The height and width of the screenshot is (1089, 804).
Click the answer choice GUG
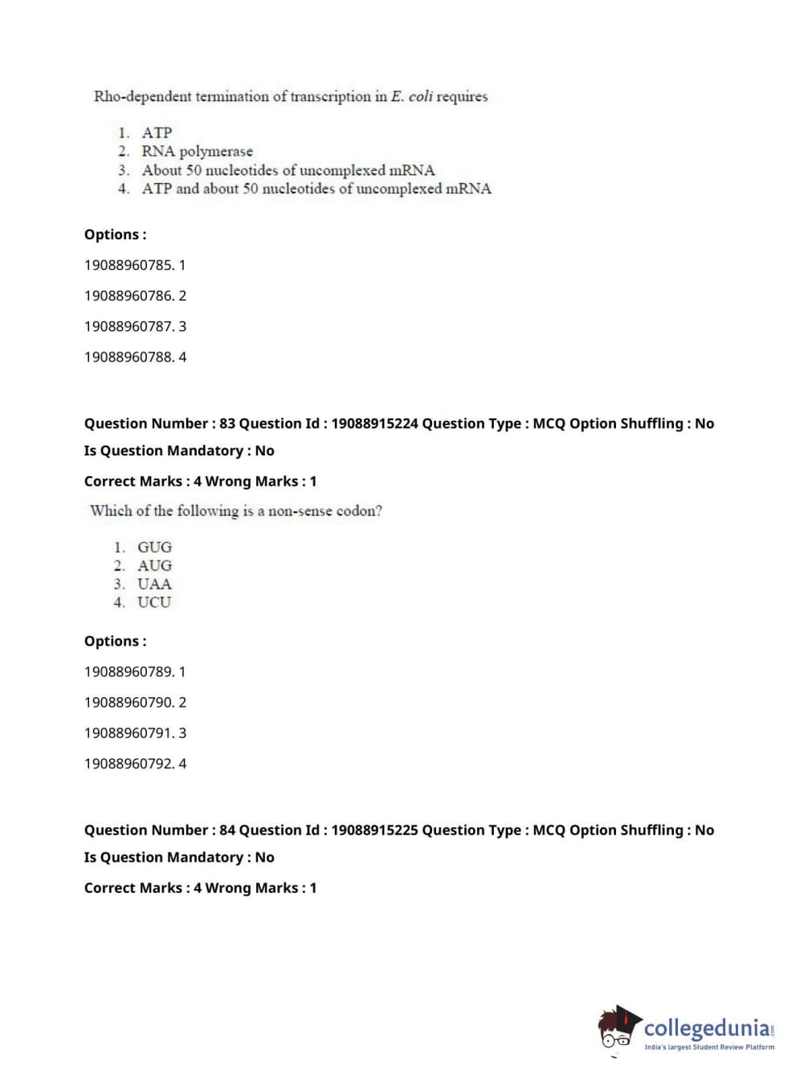click(154, 547)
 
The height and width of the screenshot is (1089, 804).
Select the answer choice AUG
click(154, 565)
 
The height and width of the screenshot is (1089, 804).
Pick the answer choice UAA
click(154, 584)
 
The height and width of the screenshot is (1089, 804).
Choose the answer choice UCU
click(154, 602)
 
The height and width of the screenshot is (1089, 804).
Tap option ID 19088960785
click(129, 265)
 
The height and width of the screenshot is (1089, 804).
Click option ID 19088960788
click(129, 357)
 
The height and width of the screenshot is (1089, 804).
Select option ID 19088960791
click(129, 732)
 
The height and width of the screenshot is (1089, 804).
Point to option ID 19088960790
click(129, 702)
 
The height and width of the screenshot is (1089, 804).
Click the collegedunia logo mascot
click(618, 1028)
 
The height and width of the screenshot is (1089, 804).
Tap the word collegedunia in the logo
click(707, 1028)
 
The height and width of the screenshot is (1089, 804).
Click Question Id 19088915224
click(374, 423)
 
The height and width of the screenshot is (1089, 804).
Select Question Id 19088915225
click(374, 830)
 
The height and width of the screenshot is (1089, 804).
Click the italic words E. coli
click(411, 96)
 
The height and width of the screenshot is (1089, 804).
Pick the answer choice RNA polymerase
click(197, 151)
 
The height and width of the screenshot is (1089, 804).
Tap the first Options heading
click(115, 235)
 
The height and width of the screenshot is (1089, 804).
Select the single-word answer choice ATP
click(157, 133)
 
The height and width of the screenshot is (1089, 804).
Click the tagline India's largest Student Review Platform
click(709, 1046)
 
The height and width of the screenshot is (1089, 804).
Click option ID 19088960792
click(129, 763)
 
